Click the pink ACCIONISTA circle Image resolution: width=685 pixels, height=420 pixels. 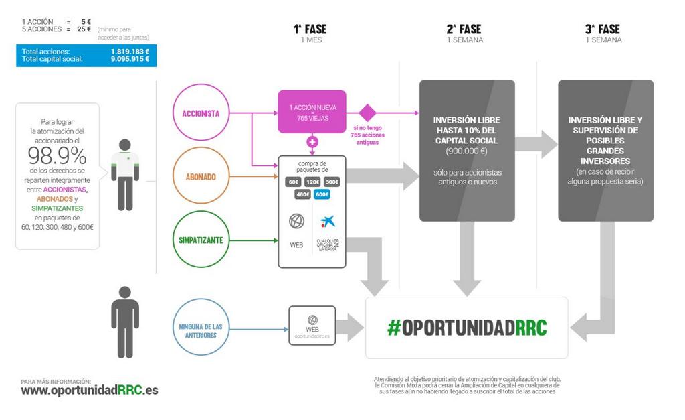click(201, 113)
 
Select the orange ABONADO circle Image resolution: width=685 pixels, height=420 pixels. click(201, 177)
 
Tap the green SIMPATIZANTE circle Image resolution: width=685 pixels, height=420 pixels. click(201, 240)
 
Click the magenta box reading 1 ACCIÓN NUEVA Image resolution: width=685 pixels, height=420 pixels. click(312, 113)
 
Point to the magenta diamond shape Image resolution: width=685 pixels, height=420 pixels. click(367, 113)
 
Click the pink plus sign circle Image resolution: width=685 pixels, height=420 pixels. click(312, 142)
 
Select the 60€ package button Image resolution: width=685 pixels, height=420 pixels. click(293, 182)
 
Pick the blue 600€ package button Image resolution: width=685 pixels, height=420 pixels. click(322, 194)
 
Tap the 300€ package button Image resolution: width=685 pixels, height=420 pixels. click(332, 182)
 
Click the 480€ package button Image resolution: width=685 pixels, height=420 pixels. click(302, 194)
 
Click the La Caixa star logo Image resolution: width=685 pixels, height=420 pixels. click(328, 222)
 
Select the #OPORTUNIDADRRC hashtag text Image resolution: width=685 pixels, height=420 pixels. click(466, 328)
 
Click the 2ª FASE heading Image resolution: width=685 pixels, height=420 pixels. click(464, 29)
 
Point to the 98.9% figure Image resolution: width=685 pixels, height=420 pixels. click(58, 156)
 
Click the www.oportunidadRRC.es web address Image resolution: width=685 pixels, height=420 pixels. click(90, 390)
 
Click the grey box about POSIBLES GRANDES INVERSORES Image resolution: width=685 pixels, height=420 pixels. click(605, 151)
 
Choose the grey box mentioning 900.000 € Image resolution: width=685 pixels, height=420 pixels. click(467, 151)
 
